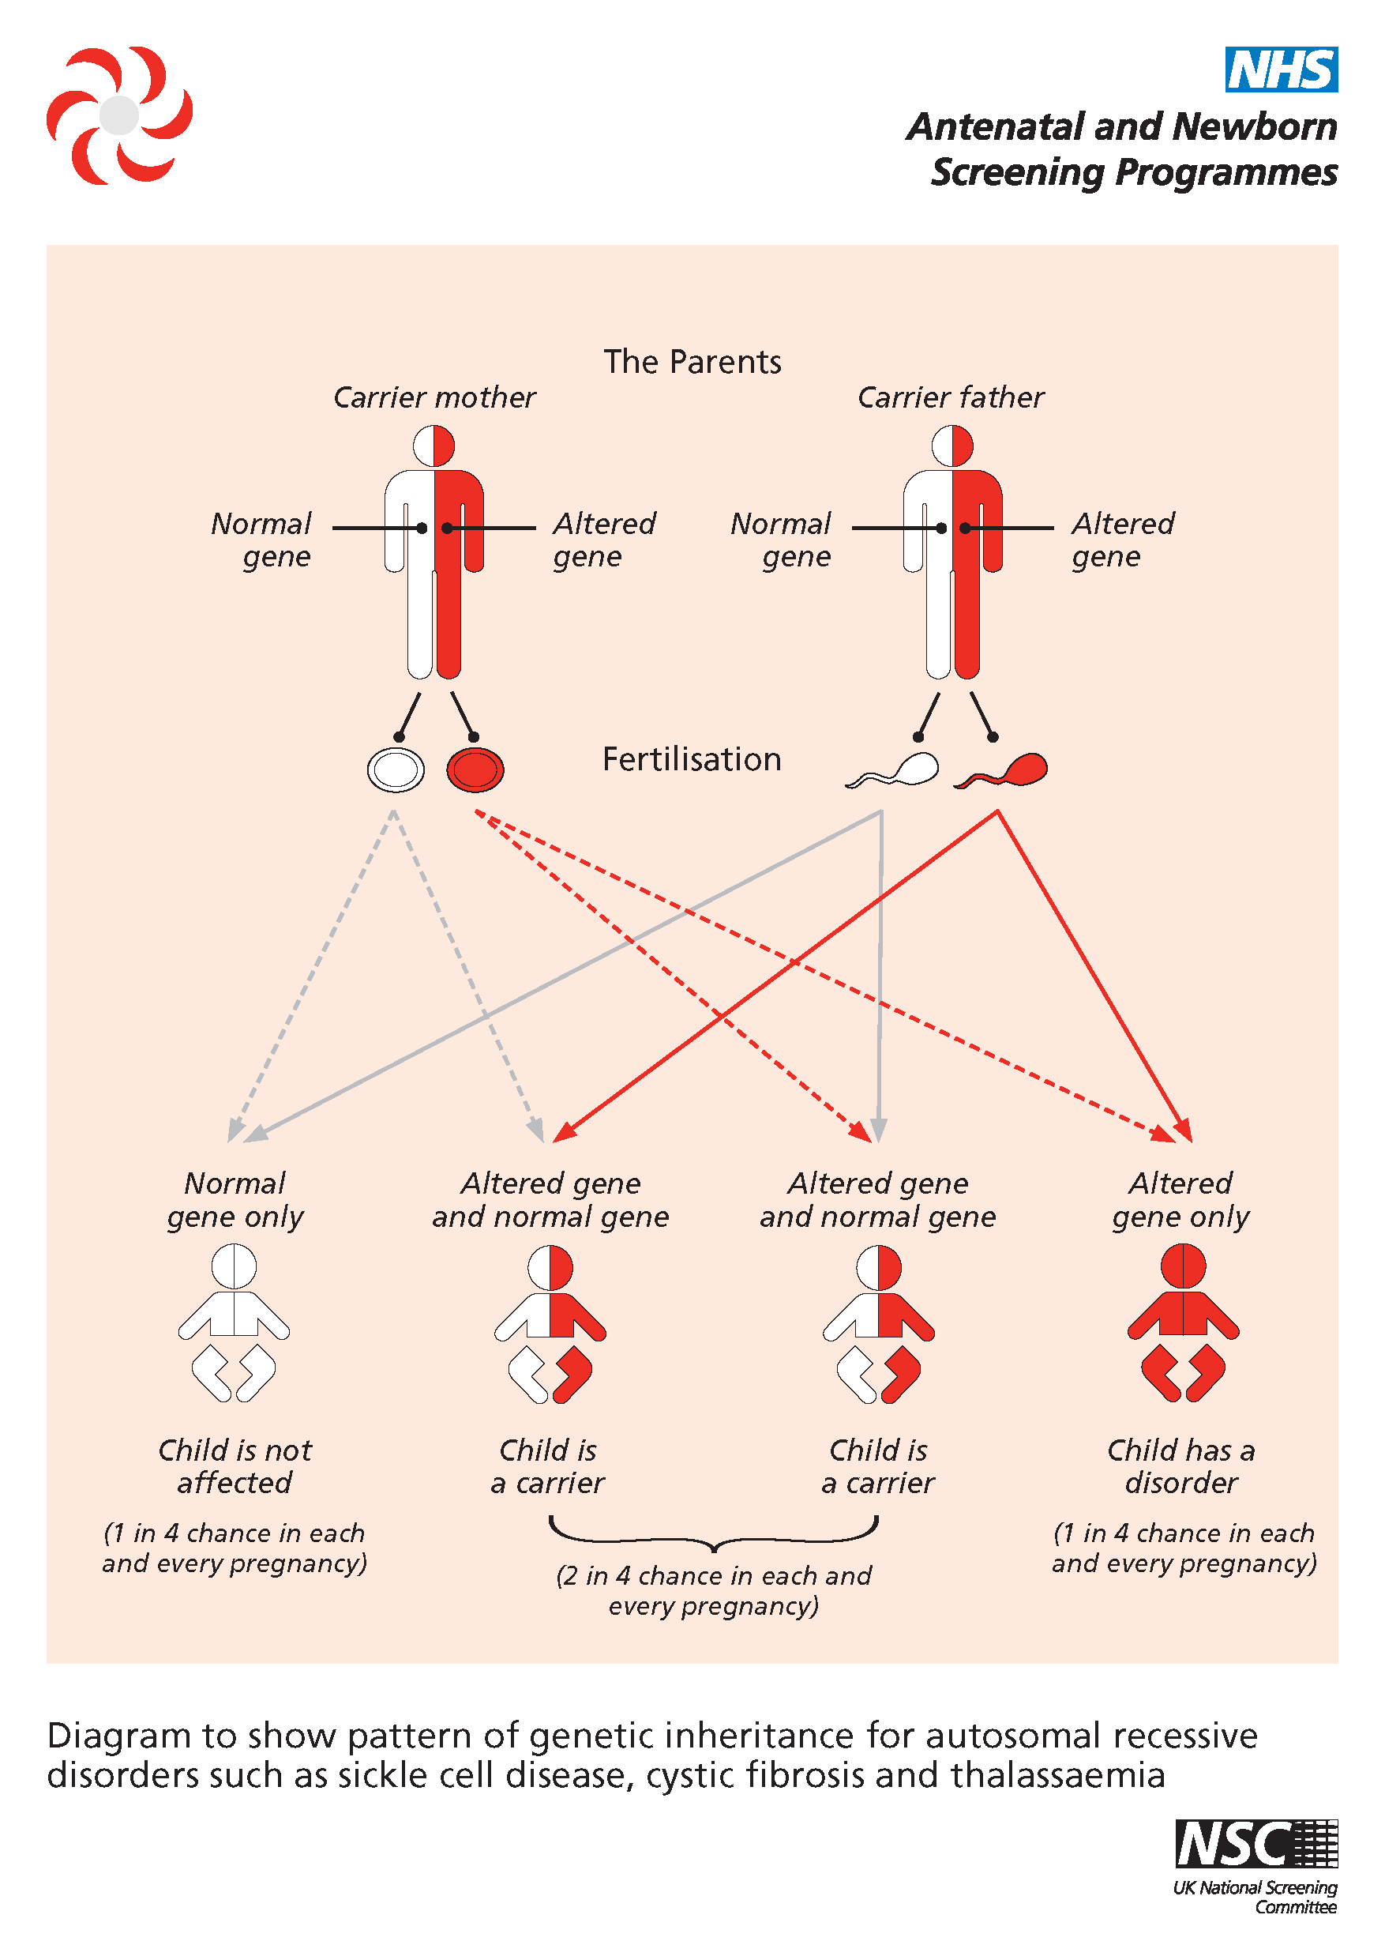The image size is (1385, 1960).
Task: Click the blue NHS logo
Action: (1280, 70)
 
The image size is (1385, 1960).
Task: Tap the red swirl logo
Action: (119, 115)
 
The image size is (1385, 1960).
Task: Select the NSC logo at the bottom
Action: (1256, 1843)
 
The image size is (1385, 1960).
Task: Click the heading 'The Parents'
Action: (692, 362)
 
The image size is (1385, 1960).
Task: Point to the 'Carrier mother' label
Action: (434, 398)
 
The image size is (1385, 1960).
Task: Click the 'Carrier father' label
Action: (951, 398)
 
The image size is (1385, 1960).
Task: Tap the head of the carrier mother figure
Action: (434, 446)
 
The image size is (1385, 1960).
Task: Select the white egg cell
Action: (396, 769)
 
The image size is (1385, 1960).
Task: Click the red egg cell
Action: (475, 769)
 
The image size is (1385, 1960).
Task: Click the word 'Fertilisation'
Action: (692, 759)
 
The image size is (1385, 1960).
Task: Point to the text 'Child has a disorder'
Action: (1181, 1465)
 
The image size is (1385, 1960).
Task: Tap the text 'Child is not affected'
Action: (235, 1465)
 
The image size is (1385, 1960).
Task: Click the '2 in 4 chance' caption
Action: (713, 1589)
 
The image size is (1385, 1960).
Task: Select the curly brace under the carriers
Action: (713, 1533)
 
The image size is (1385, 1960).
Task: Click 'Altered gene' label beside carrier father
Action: (1122, 540)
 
